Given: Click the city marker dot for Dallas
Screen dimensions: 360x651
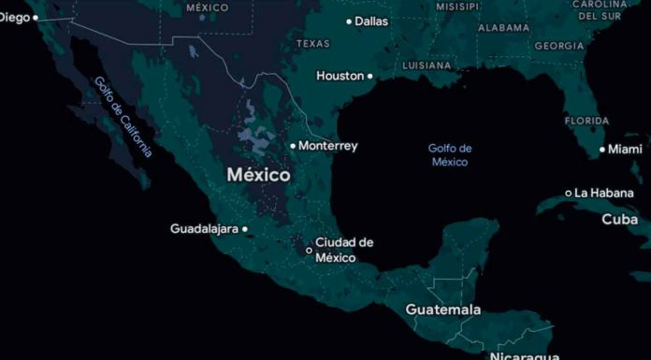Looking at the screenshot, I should coord(349,22).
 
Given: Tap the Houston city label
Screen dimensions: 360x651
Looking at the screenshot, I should coord(340,76).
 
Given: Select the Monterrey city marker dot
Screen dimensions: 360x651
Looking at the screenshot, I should coord(293,146).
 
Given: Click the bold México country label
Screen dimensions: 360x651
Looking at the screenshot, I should coord(258,175).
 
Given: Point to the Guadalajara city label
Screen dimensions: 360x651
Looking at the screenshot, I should coord(204,228).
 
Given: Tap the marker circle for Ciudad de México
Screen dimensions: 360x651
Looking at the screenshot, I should coord(310,251).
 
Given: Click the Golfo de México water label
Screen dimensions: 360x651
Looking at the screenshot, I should coord(450,154).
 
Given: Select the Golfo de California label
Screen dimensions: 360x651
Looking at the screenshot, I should coord(123,116).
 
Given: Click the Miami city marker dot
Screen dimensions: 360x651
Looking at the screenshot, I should coord(602,150).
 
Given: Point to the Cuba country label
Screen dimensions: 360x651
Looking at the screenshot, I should coord(619,220).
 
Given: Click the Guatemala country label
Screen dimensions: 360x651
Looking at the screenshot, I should coord(443,310).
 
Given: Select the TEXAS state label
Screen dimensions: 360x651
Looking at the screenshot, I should coord(312,44).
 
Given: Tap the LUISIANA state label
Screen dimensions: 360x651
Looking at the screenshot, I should coord(427,66).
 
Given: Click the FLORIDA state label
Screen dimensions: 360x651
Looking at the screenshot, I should coord(586,121).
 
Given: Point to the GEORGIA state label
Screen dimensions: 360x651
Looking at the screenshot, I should coord(560,46).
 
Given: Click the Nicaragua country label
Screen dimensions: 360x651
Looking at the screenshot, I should coord(524,355).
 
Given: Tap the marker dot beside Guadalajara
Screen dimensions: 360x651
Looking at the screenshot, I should coord(245,229).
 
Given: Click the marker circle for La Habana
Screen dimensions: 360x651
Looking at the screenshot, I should coord(568,194).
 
